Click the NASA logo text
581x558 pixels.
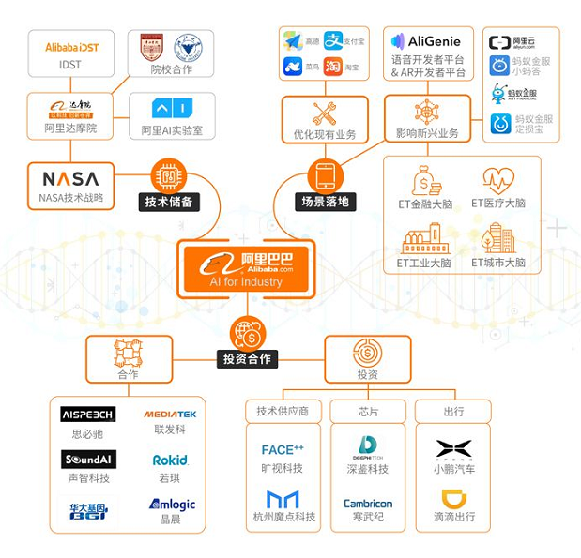coord(70,177)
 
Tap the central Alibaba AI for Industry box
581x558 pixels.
coord(247,268)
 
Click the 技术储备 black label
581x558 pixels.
coord(170,202)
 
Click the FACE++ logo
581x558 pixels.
coord(283,449)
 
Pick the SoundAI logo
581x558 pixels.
coord(88,460)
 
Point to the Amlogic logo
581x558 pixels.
coord(171,505)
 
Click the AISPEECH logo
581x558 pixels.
coord(87,414)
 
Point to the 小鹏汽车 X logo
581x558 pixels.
coord(453,449)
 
